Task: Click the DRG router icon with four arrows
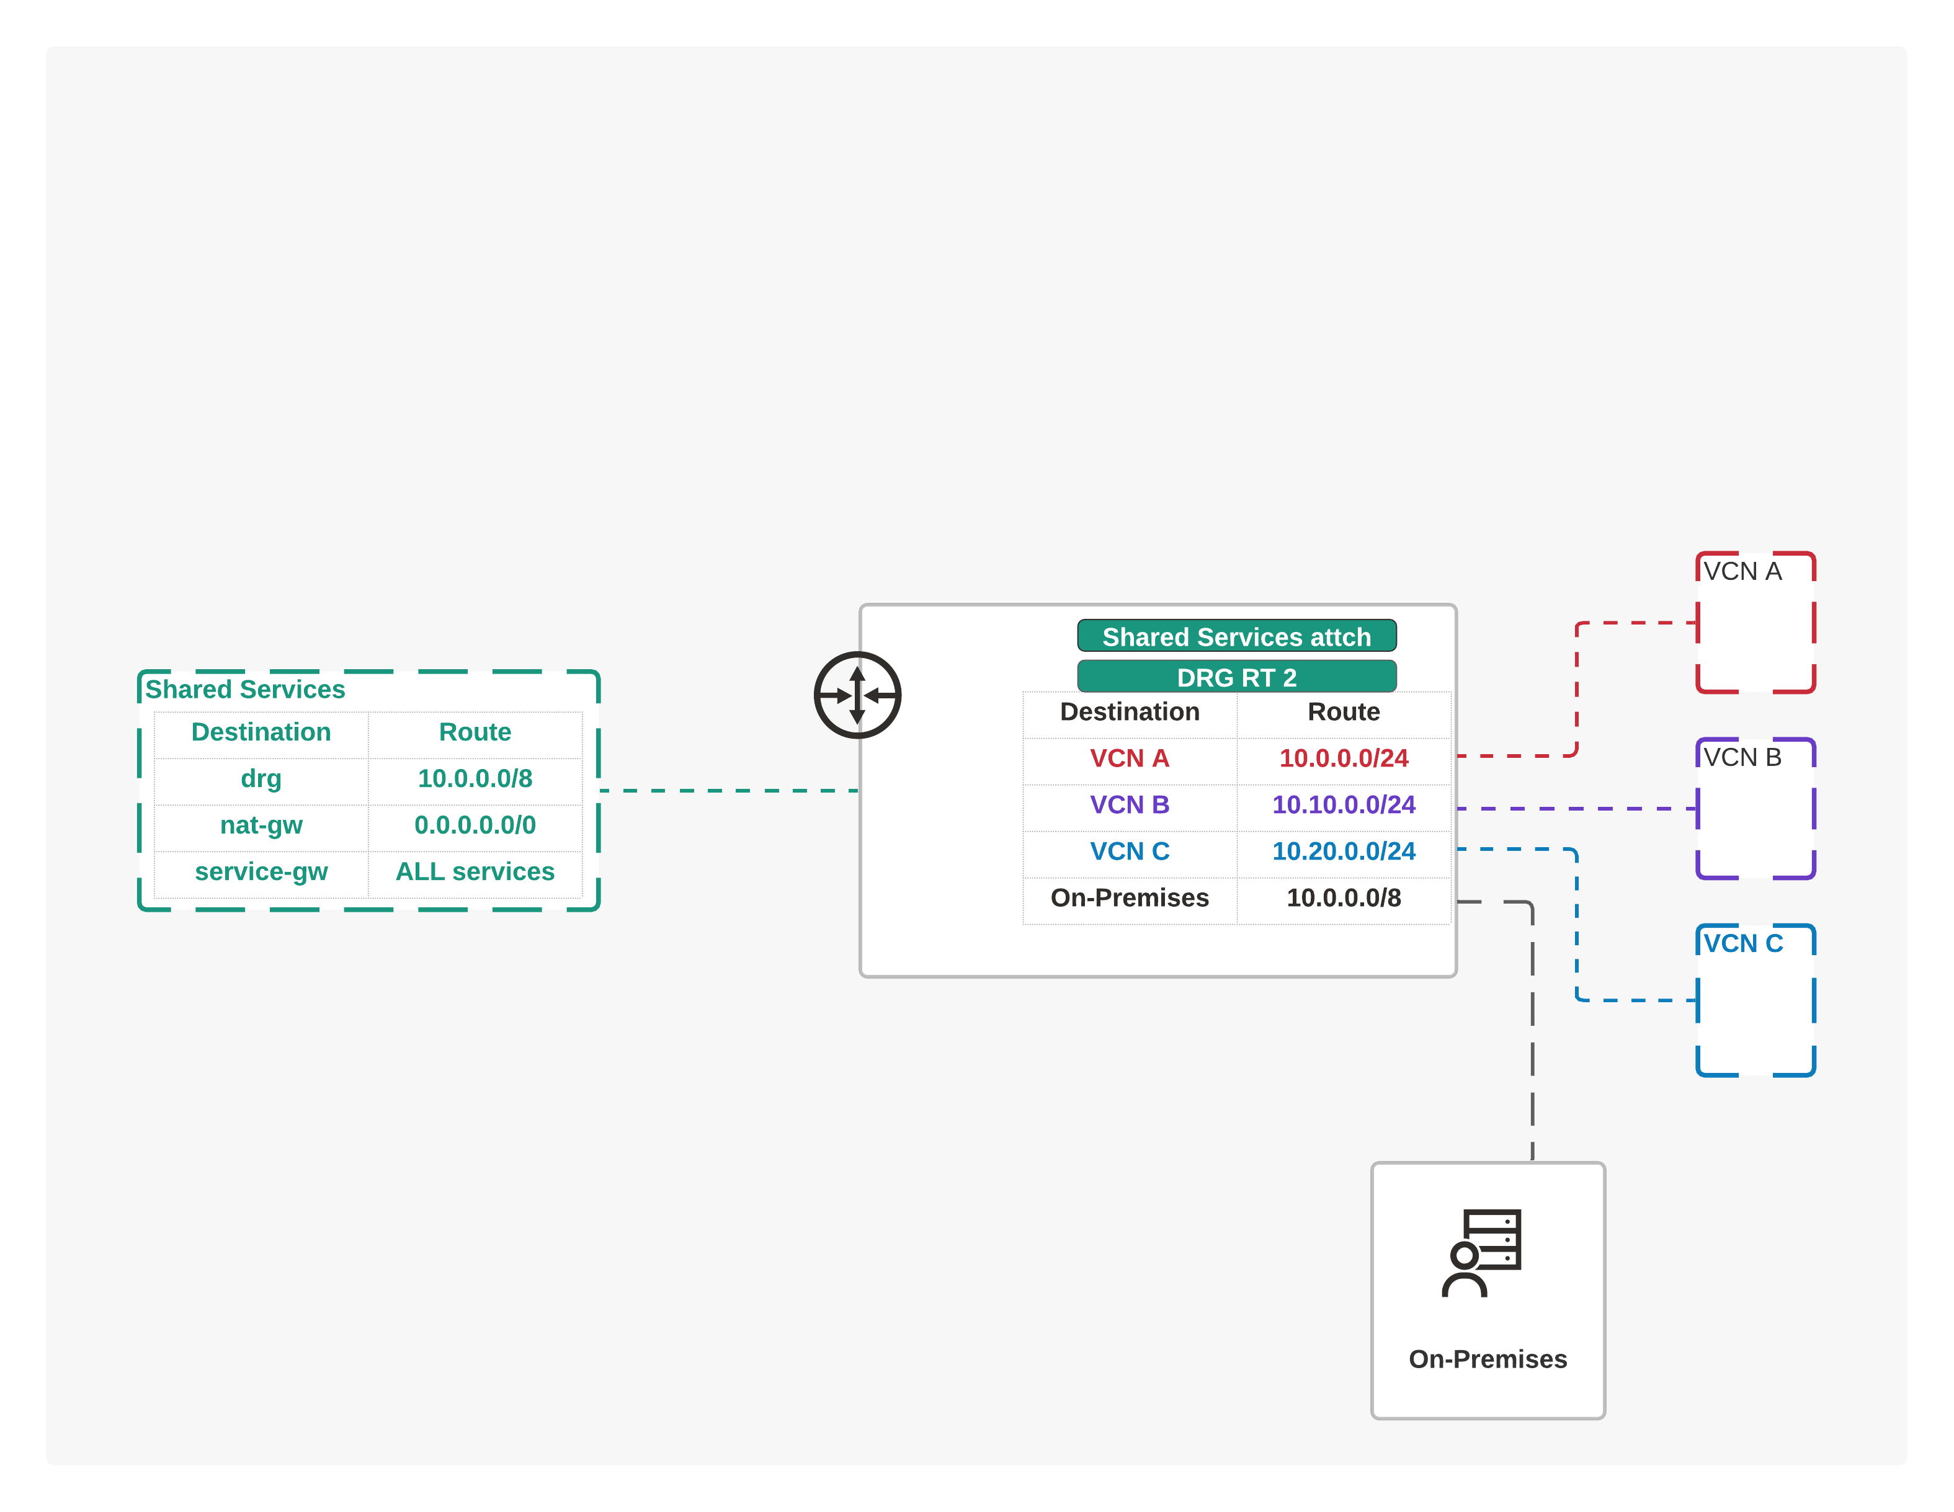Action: coord(857,695)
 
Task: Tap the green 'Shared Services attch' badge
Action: coord(1236,636)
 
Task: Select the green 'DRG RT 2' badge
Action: coord(1236,677)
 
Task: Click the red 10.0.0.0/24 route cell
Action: coord(1344,758)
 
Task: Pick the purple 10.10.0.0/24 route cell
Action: coord(1344,805)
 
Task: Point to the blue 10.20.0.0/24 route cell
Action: coord(1344,852)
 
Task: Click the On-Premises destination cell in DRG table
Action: coord(1130,898)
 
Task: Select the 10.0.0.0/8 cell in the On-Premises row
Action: coord(1344,898)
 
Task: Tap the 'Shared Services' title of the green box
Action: coord(245,690)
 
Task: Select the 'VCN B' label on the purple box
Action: coord(1742,758)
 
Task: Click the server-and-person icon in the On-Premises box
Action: coord(1481,1253)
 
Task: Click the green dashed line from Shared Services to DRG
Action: coord(729,791)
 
